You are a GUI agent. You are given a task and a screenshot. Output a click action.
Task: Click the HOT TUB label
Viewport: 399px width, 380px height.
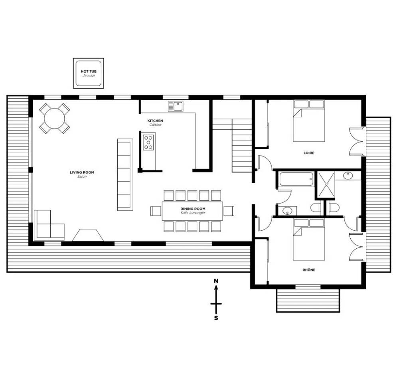[89, 71]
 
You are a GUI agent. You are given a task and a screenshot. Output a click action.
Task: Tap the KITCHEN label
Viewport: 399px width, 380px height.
[155, 121]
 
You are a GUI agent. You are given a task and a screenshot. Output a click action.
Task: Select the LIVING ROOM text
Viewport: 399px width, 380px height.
[82, 172]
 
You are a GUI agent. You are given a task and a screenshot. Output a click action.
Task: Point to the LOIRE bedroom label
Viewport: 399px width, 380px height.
[309, 153]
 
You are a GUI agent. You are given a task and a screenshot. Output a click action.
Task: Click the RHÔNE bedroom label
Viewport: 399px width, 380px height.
[309, 270]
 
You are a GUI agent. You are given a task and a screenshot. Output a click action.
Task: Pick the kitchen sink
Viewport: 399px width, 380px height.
[176, 106]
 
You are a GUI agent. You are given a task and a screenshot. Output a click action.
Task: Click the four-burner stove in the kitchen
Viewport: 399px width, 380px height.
[148, 142]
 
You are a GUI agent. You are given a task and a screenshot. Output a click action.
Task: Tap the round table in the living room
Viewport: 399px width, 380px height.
[54, 119]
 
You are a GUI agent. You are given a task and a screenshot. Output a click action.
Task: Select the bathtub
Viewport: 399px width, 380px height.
[296, 179]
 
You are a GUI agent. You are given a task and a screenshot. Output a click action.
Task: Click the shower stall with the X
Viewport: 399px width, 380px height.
[326, 184]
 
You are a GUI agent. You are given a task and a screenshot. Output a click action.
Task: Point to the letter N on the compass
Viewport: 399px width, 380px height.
[216, 281]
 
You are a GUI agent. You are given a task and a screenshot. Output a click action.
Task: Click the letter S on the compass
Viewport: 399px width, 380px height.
[216, 318]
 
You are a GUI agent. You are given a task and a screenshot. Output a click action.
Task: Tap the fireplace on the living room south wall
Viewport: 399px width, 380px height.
[88, 235]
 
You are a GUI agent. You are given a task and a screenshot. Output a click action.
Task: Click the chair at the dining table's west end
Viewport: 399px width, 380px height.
[156, 211]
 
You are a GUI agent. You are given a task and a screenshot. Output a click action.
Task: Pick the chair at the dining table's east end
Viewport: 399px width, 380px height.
[229, 211]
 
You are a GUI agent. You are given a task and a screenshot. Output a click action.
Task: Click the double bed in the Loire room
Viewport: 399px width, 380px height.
[309, 121]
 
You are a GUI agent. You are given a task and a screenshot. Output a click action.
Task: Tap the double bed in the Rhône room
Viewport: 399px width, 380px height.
[309, 239]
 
